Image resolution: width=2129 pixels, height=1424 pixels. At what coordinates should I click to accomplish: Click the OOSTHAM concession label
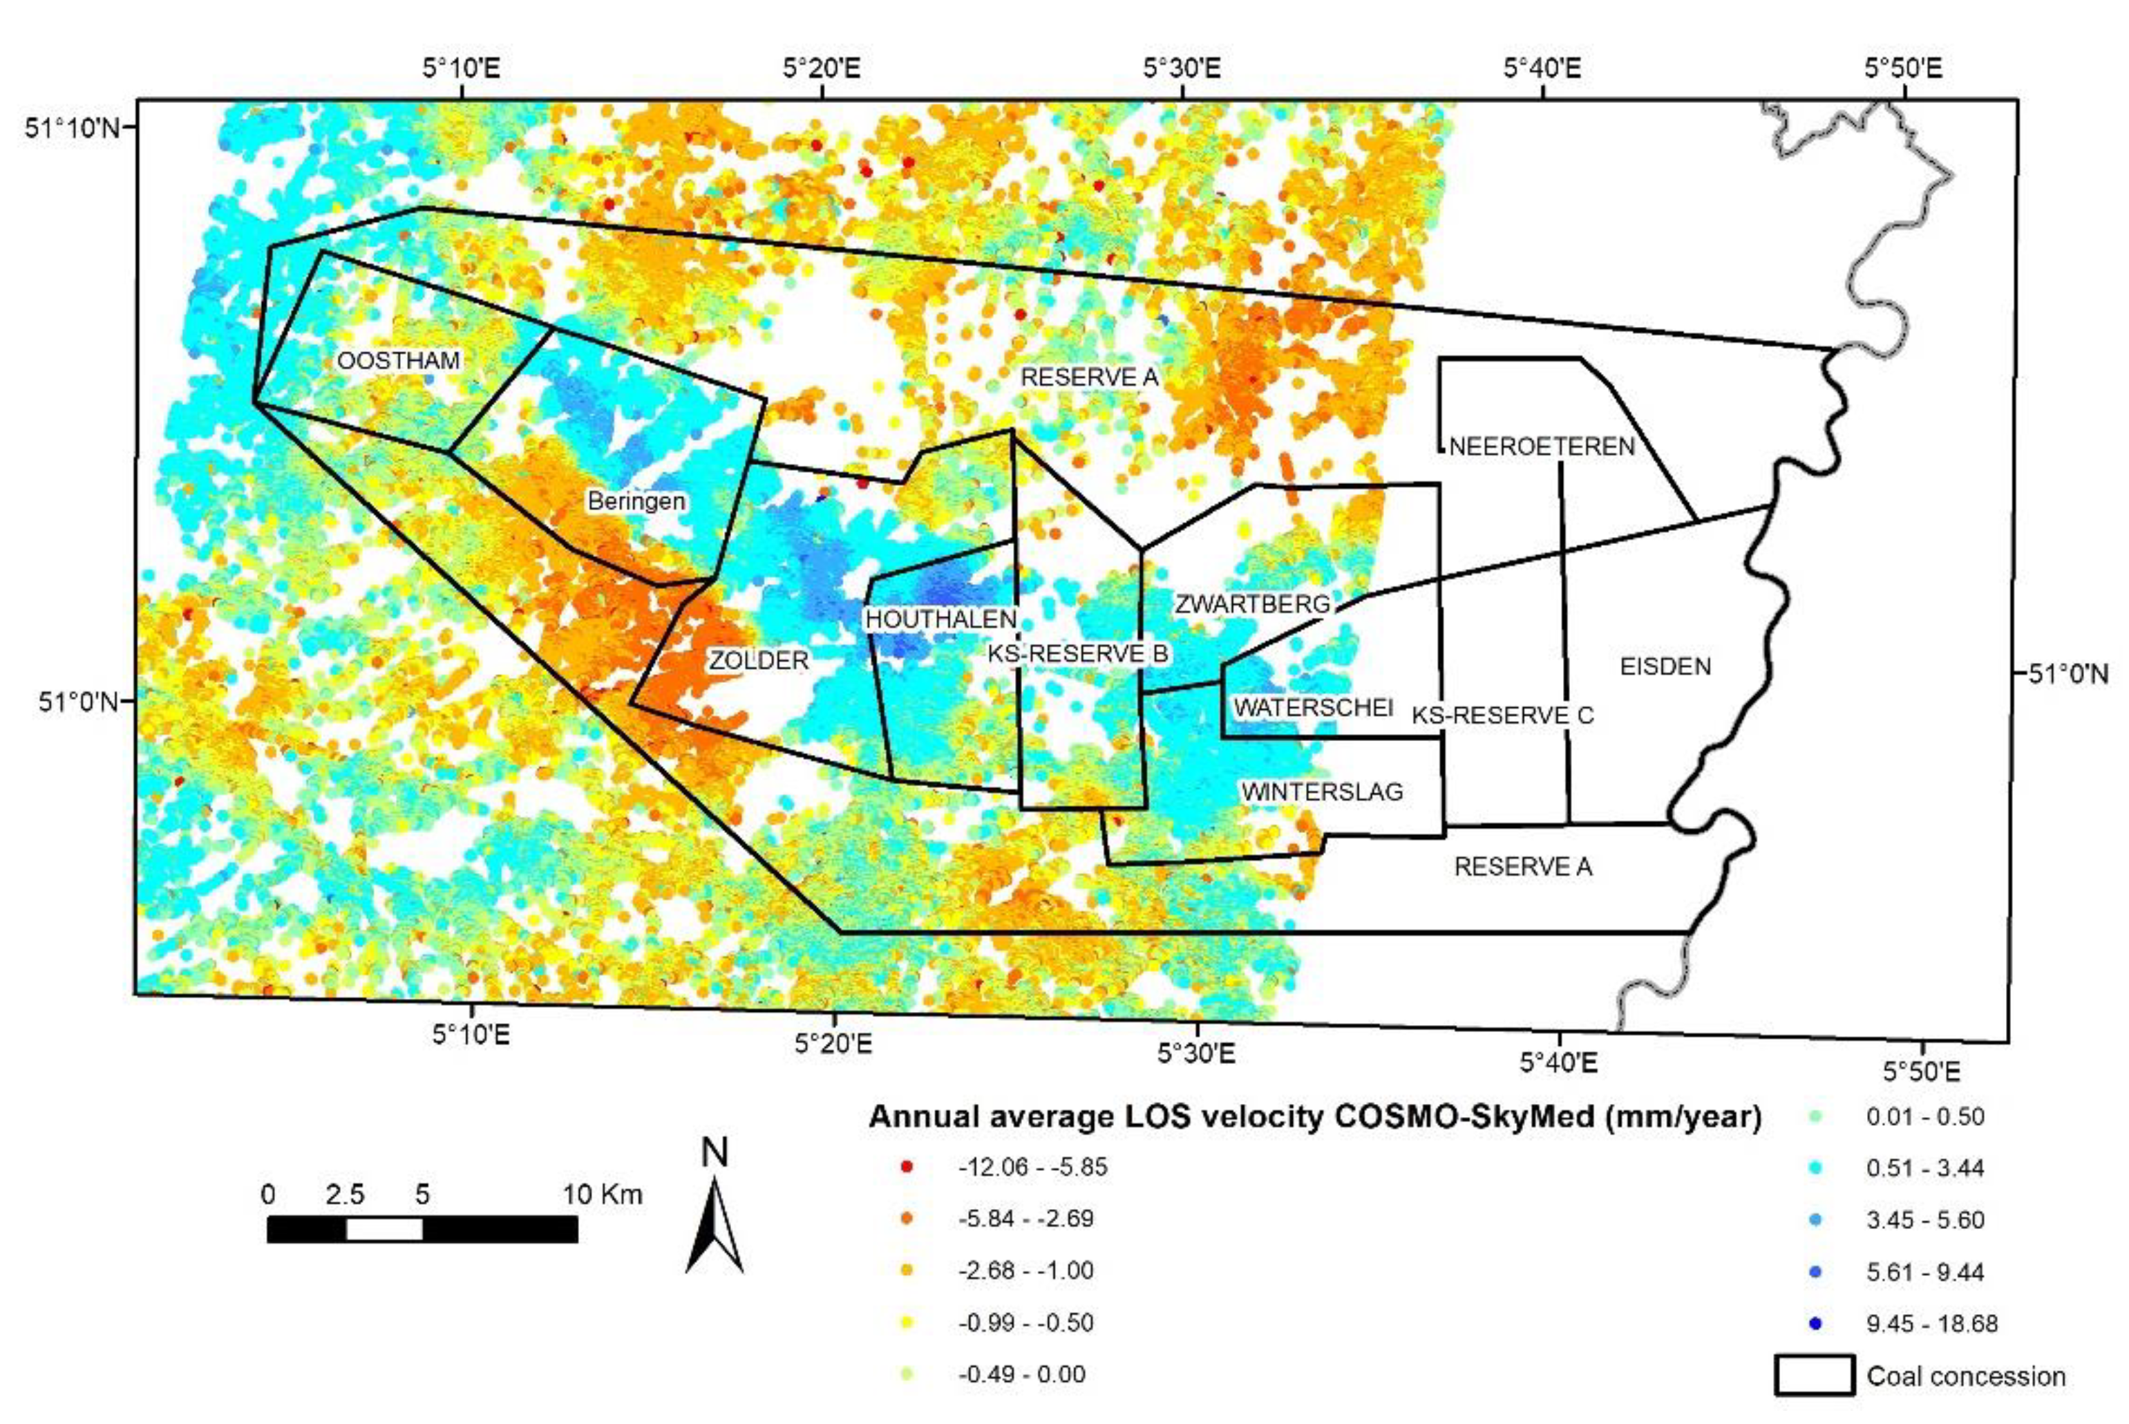[x=399, y=361]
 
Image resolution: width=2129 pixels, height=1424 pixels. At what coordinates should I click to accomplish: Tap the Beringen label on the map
[x=636, y=500]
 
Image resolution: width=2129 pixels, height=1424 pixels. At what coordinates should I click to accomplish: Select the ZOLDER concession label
[x=758, y=660]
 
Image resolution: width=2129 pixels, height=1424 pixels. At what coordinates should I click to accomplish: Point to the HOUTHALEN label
[x=940, y=619]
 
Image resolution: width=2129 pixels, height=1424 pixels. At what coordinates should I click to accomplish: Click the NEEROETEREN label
[x=1542, y=447]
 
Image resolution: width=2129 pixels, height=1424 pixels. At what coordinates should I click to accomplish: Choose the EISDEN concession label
[x=1665, y=666]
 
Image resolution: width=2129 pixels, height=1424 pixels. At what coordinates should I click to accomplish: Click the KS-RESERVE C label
[x=1502, y=715]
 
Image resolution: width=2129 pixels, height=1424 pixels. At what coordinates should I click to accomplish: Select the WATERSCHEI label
[x=1313, y=707]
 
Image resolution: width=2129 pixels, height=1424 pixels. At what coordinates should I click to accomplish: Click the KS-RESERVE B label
[x=1078, y=654]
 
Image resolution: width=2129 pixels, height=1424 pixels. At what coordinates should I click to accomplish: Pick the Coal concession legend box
[x=1814, y=1376]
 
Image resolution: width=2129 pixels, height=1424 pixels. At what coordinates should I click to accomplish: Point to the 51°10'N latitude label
[x=70, y=128]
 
